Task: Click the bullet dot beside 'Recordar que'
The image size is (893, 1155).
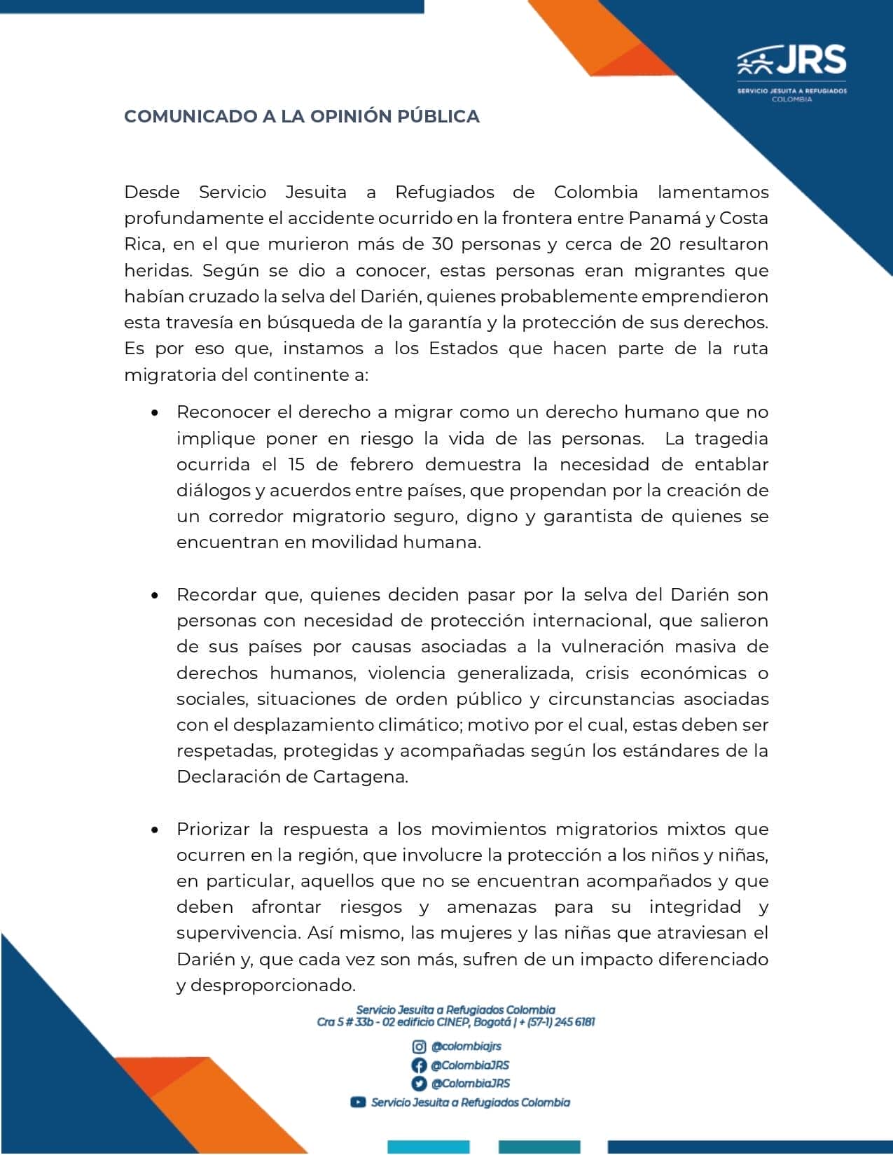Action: (x=155, y=596)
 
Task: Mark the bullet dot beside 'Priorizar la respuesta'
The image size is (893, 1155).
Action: (x=155, y=830)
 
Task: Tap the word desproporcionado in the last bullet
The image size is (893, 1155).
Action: (x=273, y=986)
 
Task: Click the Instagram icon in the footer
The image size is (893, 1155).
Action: (x=419, y=1046)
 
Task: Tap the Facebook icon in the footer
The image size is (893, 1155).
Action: (x=419, y=1065)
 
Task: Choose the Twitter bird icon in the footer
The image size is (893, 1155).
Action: (x=419, y=1084)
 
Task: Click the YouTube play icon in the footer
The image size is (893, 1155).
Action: (x=358, y=1102)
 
